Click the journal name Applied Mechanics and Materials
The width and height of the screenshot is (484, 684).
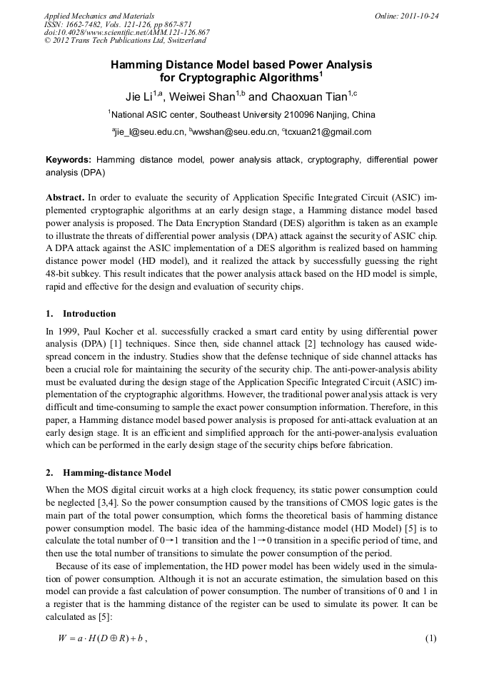tap(99, 16)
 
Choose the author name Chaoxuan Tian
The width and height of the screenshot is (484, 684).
tap(313, 96)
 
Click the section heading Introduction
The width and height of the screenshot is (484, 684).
tap(89, 314)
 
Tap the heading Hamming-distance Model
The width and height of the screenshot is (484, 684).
tap(117, 473)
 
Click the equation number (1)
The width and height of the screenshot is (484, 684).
tap(430, 638)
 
